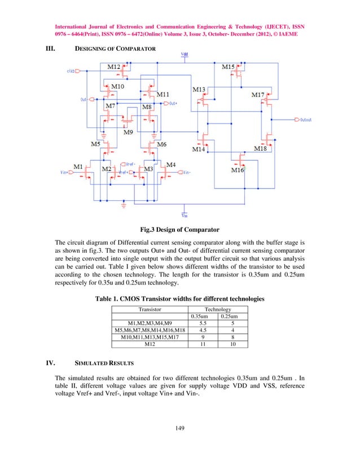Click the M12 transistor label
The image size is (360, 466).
113,67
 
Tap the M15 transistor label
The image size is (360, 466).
228,67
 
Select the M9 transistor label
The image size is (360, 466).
129,133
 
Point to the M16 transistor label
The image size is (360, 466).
237,170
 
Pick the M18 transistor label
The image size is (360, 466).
260,148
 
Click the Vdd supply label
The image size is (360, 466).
185,54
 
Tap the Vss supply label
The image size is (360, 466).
185,215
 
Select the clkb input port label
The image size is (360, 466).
72,71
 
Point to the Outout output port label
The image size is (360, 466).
305,120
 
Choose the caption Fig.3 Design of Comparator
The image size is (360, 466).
179,230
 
